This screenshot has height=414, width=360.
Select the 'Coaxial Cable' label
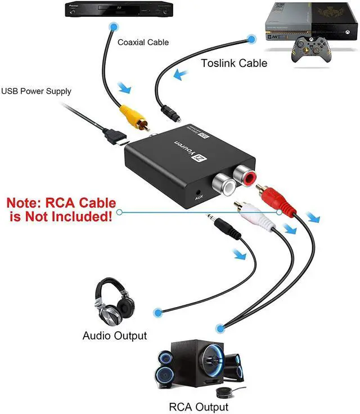tap(143, 42)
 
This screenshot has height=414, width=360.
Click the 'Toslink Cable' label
tap(234, 63)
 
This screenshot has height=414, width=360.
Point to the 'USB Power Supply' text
tap(37, 91)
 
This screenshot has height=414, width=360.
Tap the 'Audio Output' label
tap(115, 336)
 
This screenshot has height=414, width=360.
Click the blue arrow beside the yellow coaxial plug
tap(127, 88)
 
